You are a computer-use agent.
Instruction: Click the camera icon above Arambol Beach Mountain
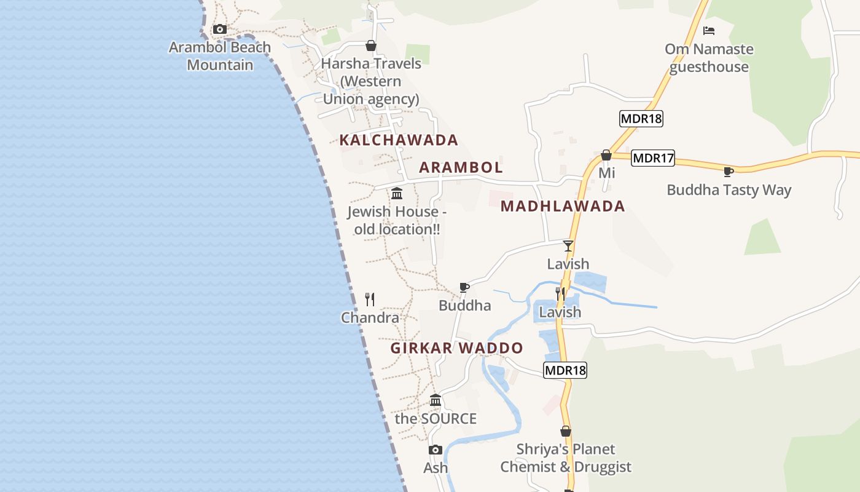point(219,29)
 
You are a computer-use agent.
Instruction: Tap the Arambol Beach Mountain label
point(220,56)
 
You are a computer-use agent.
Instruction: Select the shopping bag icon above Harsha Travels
point(371,46)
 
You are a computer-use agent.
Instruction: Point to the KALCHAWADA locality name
point(399,140)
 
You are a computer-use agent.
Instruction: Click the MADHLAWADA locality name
point(563,206)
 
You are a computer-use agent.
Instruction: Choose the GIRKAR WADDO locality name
point(456,348)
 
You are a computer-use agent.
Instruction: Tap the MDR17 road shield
point(653,158)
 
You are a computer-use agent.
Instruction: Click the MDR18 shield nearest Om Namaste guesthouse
point(641,119)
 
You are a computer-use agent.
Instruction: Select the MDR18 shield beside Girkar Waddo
point(565,370)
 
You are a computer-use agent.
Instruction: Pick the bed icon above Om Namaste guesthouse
point(709,30)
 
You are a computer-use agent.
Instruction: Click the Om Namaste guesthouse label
point(709,58)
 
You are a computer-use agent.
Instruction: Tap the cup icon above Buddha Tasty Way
point(729,172)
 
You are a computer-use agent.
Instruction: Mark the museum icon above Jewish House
point(397,194)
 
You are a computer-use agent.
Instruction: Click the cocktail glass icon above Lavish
point(568,246)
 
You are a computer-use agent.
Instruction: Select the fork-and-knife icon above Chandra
point(370,300)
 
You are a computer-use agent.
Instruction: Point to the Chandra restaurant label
point(370,317)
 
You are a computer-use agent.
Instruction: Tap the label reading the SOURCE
point(436,419)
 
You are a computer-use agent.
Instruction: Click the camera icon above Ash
point(436,450)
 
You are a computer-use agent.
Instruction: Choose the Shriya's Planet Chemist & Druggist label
point(566,458)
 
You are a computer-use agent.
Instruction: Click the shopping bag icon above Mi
point(606,155)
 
